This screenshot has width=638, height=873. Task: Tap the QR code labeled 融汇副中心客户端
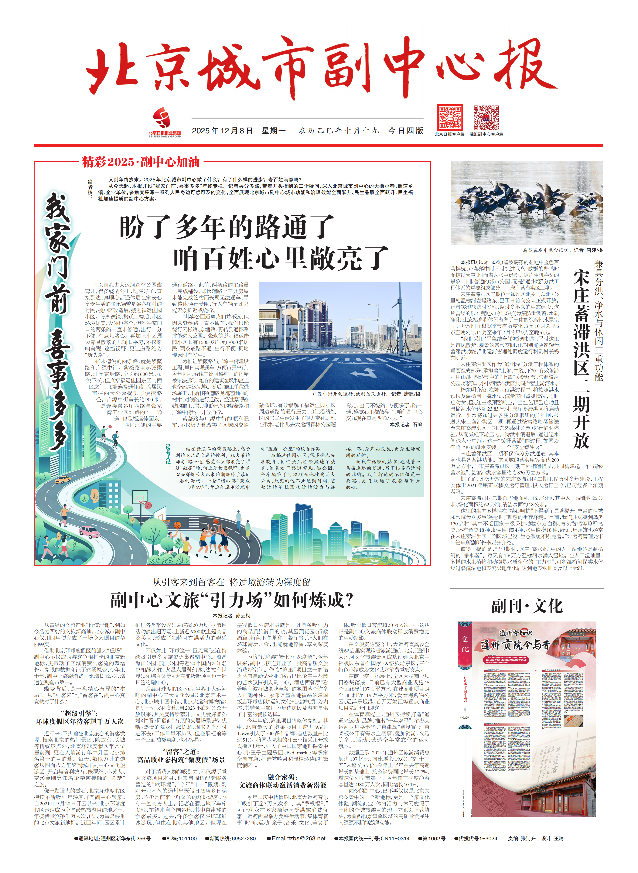coord(486,117)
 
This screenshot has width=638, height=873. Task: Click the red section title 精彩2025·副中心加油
coord(141,162)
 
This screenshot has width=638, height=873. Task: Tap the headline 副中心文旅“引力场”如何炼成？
coord(232,600)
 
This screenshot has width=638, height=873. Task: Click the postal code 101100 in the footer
coord(187,838)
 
